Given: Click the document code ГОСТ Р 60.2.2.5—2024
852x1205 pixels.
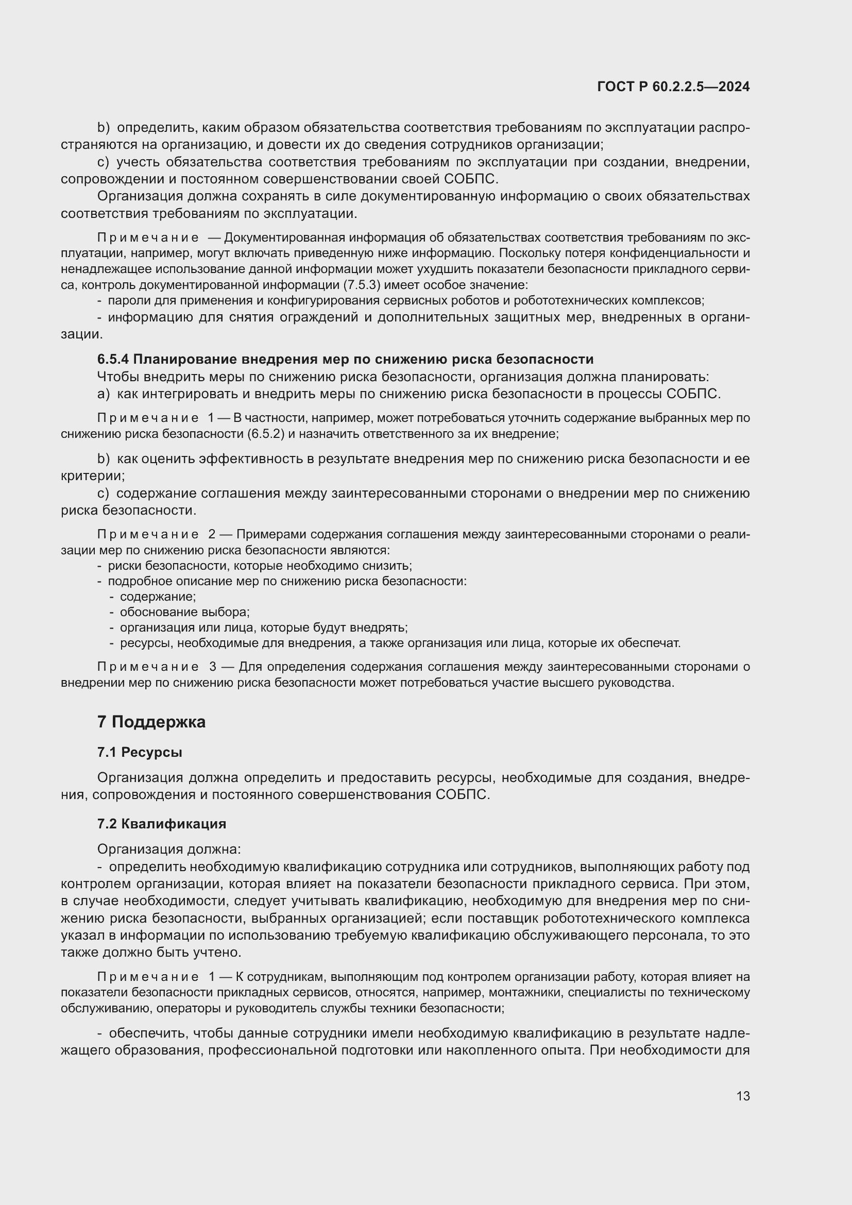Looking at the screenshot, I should [673, 87].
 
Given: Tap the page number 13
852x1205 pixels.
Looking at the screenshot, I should [743, 1096].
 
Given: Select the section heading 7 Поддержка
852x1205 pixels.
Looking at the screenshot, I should [151, 722].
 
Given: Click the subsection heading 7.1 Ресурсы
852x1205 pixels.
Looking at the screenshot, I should [140, 752].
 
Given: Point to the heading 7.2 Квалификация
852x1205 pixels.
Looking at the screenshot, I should [162, 823].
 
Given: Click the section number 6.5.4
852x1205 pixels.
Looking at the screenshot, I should [113, 359].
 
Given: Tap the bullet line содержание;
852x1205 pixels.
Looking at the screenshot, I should [158, 597].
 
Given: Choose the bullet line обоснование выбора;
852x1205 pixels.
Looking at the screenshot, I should [185, 612].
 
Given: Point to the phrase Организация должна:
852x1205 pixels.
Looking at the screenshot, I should [169, 848].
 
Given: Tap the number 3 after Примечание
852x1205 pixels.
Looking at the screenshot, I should [212, 667].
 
